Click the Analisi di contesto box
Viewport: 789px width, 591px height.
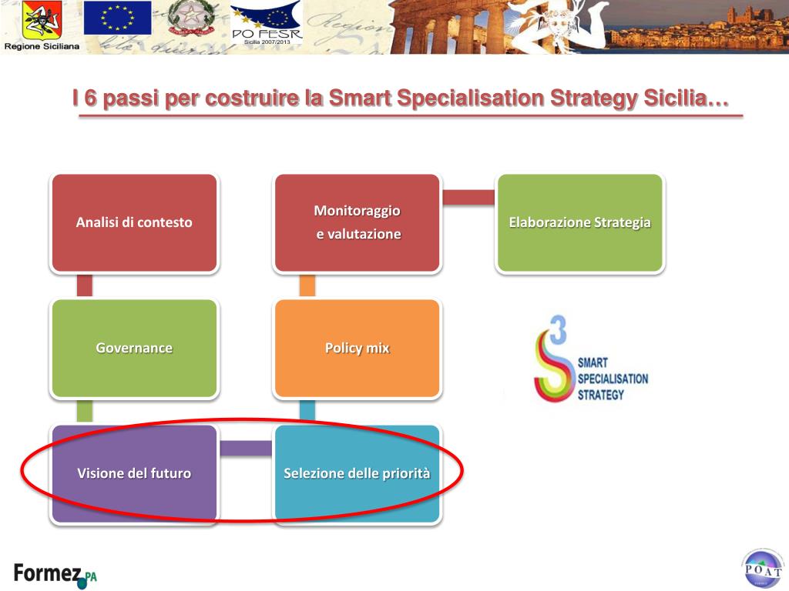pyautogui.click(x=134, y=222)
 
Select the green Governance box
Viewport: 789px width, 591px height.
pyautogui.click(x=134, y=348)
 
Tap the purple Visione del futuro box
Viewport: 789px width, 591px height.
pyautogui.click(x=134, y=473)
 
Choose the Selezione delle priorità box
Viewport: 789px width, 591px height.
pyautogui.click(x=357, y=473)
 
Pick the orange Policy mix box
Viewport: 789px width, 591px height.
pyautogui.click(x=357, y=348)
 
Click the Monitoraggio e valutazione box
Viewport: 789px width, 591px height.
pyautogui.click(x=357, y=222)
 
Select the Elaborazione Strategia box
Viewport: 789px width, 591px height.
pyautogui.click(x=579, y=222)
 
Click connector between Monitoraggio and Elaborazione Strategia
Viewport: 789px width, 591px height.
pyautogui.click(x=468, y=198)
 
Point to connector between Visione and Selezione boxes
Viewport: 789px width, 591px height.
pyautogui.click(x=245, y=448)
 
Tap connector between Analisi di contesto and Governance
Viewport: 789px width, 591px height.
pyautogui.click(x=85, y=285)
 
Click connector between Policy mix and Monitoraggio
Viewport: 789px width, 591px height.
pyautogui.click(x=307, y=285)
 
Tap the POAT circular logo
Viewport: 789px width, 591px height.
pyautogui.click(x=761, y=569)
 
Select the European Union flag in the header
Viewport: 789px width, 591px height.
pyautogui.click(x=117, y=18)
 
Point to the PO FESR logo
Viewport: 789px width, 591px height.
pyautogui.click(x=267, y=23)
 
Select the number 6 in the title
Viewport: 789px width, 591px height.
pyautogui.click(x=89, y=99)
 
